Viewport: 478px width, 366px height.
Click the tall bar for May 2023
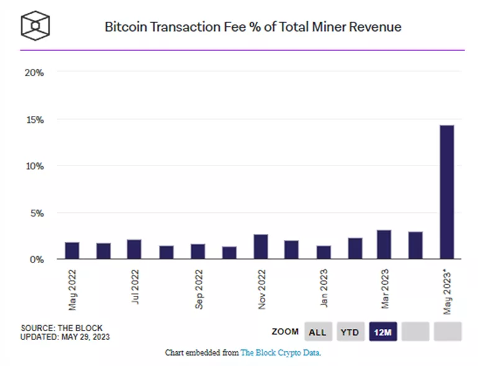click(447, 192)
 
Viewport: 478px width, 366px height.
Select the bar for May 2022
click(72, 251)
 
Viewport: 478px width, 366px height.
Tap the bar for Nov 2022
click(261, 246)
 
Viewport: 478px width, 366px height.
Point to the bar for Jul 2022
click(134, 249)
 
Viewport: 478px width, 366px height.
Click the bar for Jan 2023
click(323, 252)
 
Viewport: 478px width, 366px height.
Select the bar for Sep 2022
click(197, 251)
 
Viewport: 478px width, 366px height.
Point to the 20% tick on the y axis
click(34, 73)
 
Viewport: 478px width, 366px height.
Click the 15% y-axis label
click(34, 120)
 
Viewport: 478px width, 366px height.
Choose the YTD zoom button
click(349, 332)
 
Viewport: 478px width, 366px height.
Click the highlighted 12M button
click(382, 332)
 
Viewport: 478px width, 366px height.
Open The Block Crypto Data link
click(281, 352)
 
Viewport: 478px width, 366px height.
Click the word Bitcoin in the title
click(124, 27)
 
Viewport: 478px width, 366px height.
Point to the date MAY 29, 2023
click(87, 337)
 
